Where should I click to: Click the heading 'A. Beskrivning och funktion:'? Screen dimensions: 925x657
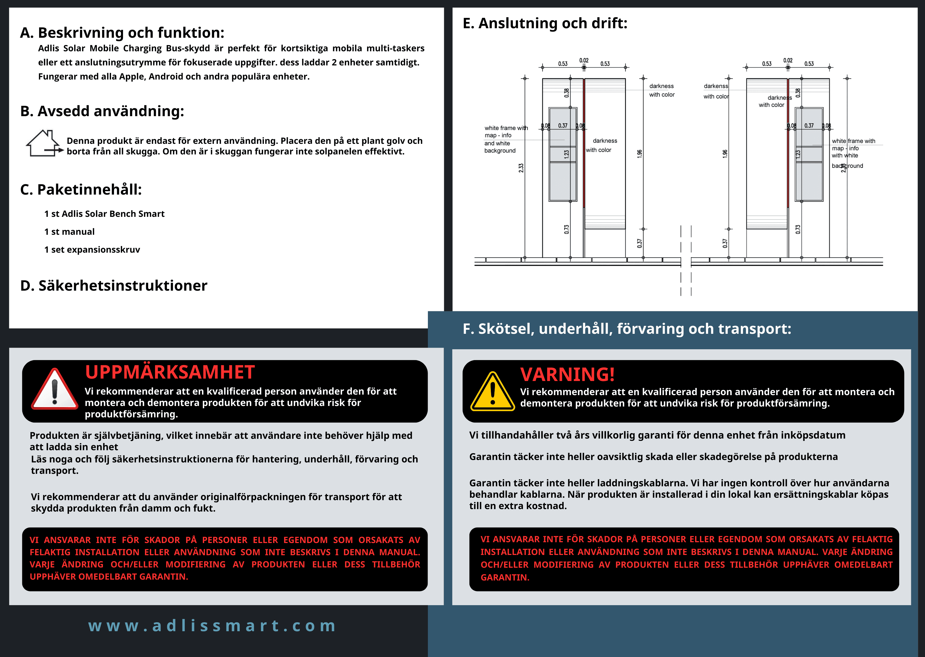(x=122, y=33)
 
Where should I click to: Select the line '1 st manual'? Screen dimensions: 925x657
(x=69, y=232)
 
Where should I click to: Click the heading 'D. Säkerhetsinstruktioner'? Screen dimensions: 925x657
(x=114, y=285)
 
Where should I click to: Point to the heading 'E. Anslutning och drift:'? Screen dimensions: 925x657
(x=545, y=23)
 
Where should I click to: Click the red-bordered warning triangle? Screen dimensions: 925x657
(x=55, y=389)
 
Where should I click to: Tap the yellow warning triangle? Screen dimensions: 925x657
(x=493, y=391)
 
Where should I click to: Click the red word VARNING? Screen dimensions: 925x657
(x=567, y=374)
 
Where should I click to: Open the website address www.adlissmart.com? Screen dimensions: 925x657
(x=212, y=626)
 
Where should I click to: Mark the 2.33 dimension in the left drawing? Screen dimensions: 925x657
(x=521, y=168)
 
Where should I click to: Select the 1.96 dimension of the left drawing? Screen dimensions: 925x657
(x=639, y=154)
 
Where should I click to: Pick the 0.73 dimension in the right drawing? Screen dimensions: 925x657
(x=798, y=229)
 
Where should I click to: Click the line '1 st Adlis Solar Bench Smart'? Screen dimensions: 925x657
(x=105, y=214)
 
